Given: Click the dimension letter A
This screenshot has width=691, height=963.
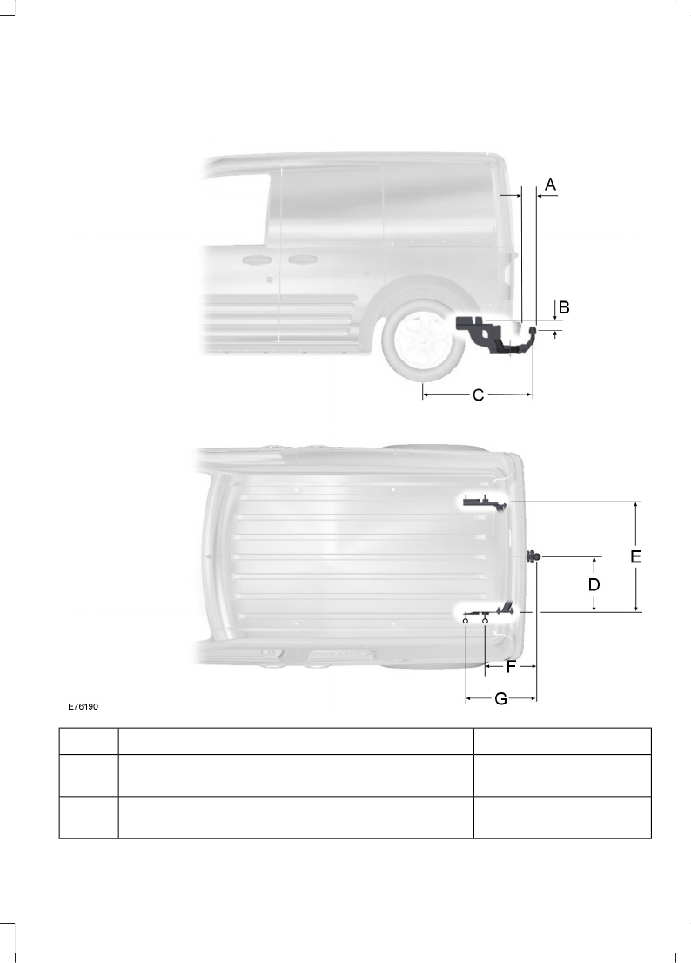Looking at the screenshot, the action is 551,185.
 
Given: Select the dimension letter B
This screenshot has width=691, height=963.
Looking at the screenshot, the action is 564,307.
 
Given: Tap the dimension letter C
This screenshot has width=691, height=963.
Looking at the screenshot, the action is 479,395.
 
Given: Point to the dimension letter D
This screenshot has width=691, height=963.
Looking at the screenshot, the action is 594,584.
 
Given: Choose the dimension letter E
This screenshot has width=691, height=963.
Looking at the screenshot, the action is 636,556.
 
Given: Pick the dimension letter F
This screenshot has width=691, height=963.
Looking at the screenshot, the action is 510,666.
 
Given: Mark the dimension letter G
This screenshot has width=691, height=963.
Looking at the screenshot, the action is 500,699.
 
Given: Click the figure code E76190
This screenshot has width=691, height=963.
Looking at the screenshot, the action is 83,706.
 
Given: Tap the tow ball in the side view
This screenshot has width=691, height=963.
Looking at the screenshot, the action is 533,332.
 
